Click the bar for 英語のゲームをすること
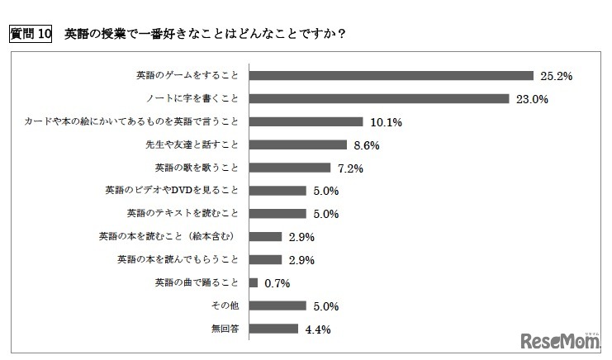point(391,75)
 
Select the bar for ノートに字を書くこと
point(378,98)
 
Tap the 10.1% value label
point(385,122)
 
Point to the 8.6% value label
point(368,144)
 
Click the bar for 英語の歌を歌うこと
point(289,168)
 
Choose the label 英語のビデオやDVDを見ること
point(169,190)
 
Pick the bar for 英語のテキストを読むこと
point(277,213)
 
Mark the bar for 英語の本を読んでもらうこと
point(265,259)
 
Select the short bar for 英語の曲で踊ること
point(253,282)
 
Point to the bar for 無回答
point(273,329)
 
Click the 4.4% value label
point(318,329)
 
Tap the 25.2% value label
point(556,76)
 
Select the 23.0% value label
point(530,99)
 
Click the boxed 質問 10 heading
point(30,35)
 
